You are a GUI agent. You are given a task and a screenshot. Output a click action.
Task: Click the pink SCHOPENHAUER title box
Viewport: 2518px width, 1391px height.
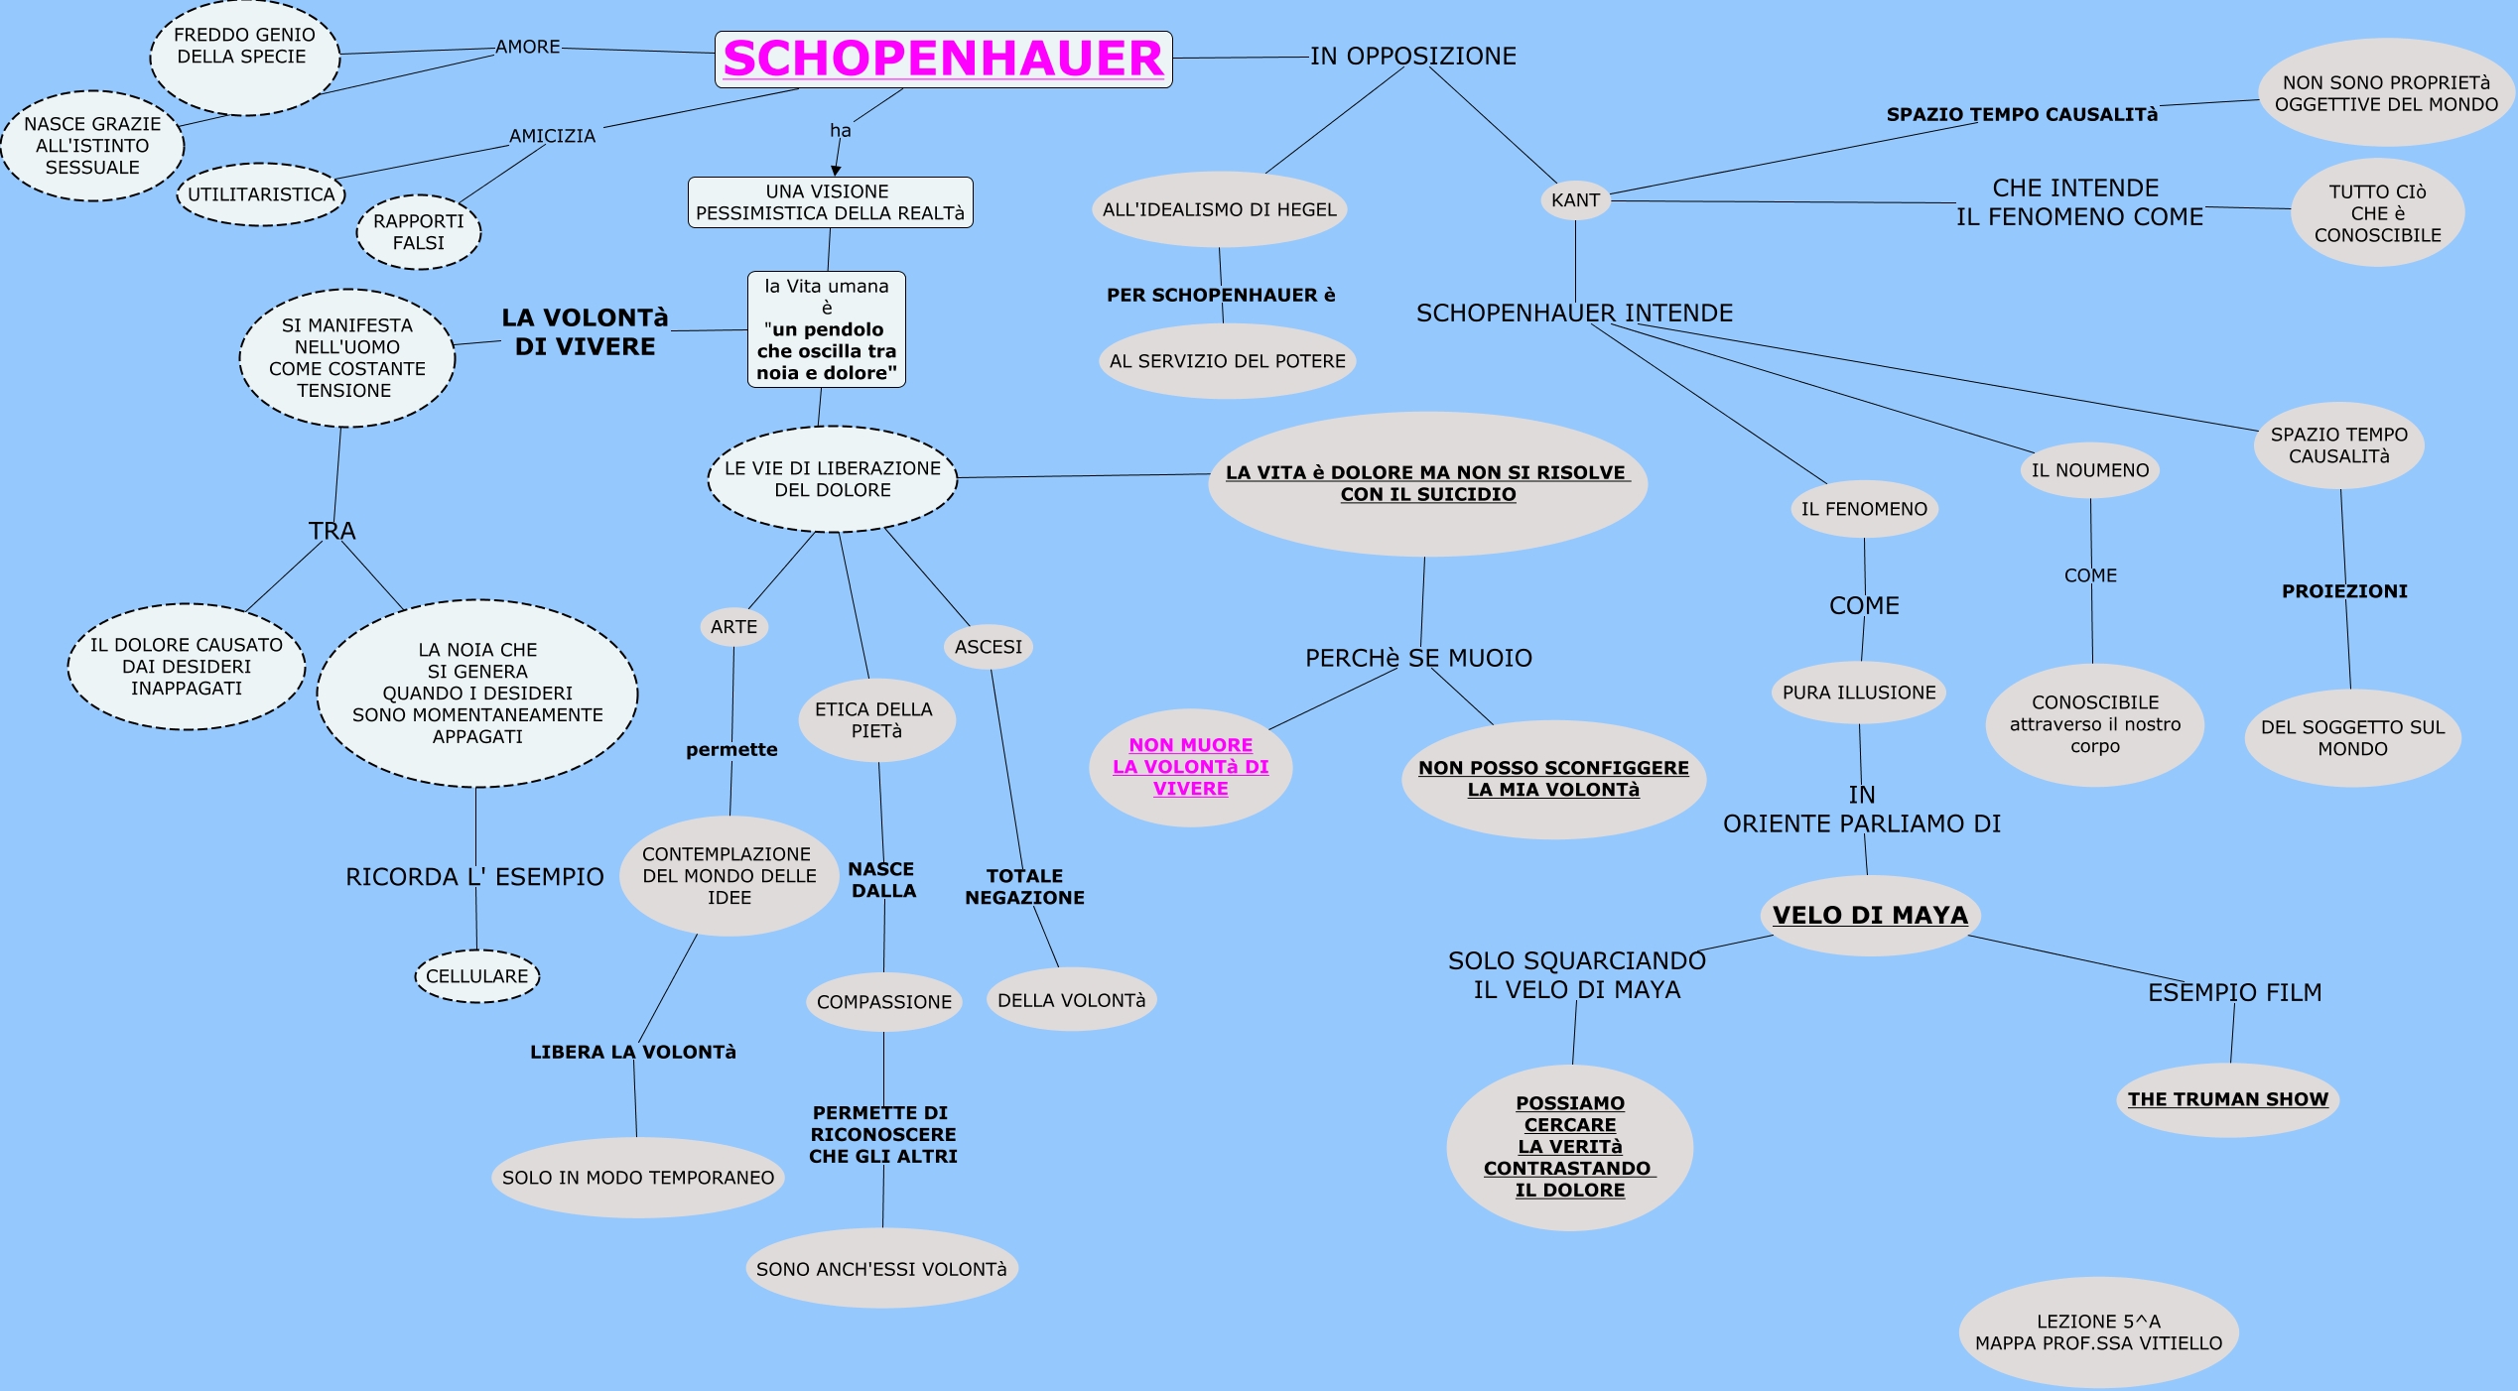coord(943,59)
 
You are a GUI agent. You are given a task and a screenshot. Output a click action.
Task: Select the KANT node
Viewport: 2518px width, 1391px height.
coord(1575,200)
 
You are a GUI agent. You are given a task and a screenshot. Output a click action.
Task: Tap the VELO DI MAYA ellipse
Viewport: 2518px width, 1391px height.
coord(1870,915)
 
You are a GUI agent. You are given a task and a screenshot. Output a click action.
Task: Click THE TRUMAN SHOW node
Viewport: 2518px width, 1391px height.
coord(2227,1099)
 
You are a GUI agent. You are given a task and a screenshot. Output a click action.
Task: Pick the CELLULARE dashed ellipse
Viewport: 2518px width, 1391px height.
coord(477,976)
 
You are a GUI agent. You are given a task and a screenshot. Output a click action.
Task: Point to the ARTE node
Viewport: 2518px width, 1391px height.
coord(733,627)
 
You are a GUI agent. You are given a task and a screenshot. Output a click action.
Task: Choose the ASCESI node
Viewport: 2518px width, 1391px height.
coord(988,647)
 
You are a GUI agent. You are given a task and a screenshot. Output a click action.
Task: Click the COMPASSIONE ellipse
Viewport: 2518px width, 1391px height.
coord(883,1002)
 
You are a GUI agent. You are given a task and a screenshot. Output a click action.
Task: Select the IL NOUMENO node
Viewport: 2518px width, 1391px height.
coord(2089,470)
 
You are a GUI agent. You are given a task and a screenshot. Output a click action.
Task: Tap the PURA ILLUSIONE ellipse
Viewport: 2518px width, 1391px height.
coord(1859,693)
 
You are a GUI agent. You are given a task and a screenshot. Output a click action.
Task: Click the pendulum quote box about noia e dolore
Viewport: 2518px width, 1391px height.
coord(826,329)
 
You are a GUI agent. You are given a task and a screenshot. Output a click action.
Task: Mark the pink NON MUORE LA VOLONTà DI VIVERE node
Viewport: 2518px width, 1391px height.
coord(1190,767)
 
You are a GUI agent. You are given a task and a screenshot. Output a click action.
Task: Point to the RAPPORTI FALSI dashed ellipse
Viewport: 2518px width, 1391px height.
coord(419,232)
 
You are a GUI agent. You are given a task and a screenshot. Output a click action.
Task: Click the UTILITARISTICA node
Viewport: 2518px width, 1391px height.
coord(261,194)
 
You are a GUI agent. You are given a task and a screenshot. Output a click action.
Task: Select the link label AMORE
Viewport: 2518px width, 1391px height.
coord(528,47)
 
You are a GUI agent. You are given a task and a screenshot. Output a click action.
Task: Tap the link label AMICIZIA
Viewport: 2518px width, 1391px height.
coord(552,136)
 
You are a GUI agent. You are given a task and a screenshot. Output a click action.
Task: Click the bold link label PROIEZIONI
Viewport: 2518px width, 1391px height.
coord(2344,591)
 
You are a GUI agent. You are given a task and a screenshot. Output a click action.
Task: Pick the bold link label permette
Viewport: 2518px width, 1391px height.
coord(731,750)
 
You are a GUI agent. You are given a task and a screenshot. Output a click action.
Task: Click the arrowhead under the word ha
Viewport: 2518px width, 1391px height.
coord(836,171)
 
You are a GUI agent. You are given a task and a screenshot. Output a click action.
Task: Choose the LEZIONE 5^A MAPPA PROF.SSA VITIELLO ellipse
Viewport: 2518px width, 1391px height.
coord(2098,1332)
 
